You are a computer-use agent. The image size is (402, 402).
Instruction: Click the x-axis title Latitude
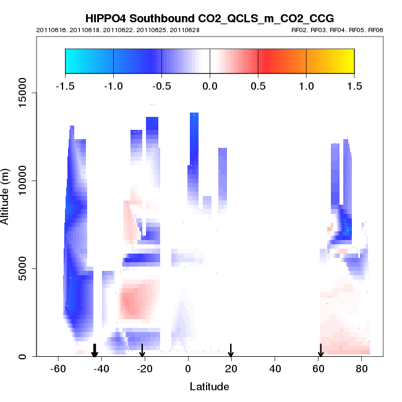pyautogui.click(x=209, y=387)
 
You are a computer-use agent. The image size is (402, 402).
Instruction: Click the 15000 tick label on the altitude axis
pyautogui.click(x=21, y=93)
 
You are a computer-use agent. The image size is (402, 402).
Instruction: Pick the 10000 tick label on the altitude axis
pyautogui.click(x=21, y=181)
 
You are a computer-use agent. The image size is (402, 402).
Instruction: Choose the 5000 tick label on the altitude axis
pyautogui.click(x=24, y=268)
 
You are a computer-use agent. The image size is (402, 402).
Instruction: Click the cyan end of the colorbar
pyautogui.click(x=71, y=61)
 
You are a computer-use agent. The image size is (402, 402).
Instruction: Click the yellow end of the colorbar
pyautogui.click(x=348, y=61)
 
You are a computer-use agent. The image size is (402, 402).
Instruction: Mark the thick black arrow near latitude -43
pyautogui.click(x=95, y=351)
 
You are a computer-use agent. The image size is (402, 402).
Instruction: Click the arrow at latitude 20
pyautogui.click(x=231, y=351)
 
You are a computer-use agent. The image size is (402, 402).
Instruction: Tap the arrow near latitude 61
pyautogui.click(x=320, y=351)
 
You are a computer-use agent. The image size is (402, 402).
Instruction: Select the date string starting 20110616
pyautogui.click(x=118, y=30)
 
